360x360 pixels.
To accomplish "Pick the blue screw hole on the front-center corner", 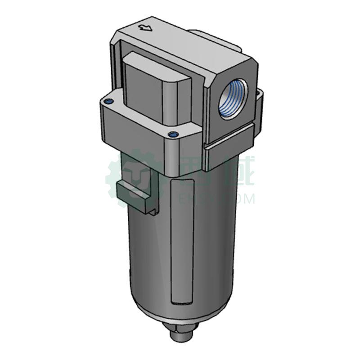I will (171, 134).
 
